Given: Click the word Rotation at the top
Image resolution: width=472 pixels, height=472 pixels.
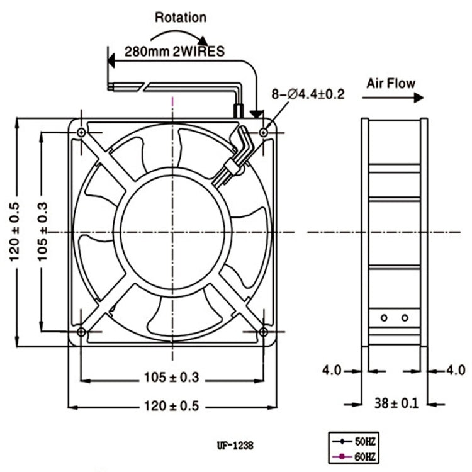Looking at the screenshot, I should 180,18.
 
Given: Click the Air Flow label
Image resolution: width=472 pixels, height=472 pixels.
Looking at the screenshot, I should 391,82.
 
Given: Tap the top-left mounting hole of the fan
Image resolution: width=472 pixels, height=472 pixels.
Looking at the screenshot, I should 82,132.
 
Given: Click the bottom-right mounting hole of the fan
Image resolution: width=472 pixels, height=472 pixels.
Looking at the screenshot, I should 264,332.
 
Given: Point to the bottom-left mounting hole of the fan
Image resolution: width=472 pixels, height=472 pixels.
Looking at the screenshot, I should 82,332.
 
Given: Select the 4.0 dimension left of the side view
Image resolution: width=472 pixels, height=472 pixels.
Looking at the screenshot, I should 332,370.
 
